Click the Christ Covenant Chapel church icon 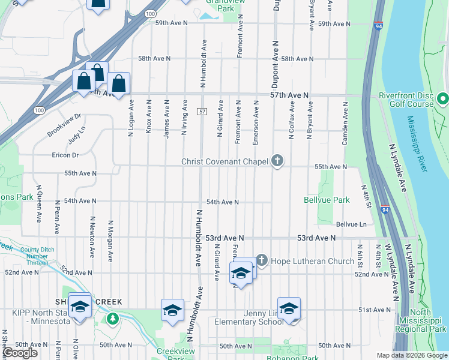[x=277, y=160]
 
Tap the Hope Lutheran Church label [x=306, y=261]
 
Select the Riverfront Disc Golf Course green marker [x=443, y=98]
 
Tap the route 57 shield [x=202, y=112]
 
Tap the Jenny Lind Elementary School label [x=249, y=317]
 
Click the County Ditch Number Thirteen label [x=37, y=256]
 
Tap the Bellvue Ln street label [x=351, y=224]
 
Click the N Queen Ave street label [x=39, y=203]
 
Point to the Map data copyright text [x=411, y=355]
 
